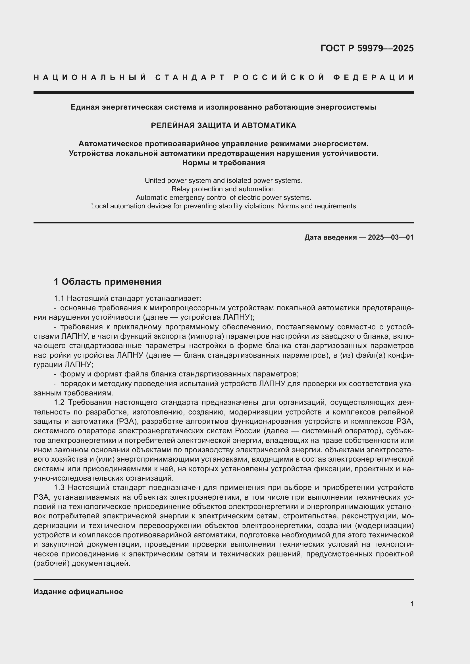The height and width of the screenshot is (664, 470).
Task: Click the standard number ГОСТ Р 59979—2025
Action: [x=367, y=48]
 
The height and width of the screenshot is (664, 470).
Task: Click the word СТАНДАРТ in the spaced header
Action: [x=190, y=77]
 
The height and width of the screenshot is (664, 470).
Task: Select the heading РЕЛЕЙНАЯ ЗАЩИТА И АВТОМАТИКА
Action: [x=223, y=125]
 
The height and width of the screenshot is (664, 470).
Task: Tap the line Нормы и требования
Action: [x=223, y=163]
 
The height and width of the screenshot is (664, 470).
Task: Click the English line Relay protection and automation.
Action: [x=223, y=189]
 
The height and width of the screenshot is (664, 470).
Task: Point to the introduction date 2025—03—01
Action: [x=390, y=237]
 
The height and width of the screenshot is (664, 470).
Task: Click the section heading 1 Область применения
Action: [x=108, y=281]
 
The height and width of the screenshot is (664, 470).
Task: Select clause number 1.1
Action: [x=59, y=298]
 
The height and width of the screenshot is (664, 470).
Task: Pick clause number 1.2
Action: [x=59, y=402]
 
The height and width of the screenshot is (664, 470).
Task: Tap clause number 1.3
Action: [x=59, y=487]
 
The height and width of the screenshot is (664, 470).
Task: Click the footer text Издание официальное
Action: [x=78, y=591]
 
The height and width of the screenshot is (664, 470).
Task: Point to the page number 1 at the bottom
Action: [x=411, y=604]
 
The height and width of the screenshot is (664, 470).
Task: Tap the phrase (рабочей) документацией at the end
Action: [x=82, y=563]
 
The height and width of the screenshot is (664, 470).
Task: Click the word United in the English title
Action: [x=154, y=181]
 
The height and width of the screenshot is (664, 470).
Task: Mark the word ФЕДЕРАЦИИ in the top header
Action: [x=373, y=77]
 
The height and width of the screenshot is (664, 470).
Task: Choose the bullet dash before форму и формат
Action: [x=55, y=374]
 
